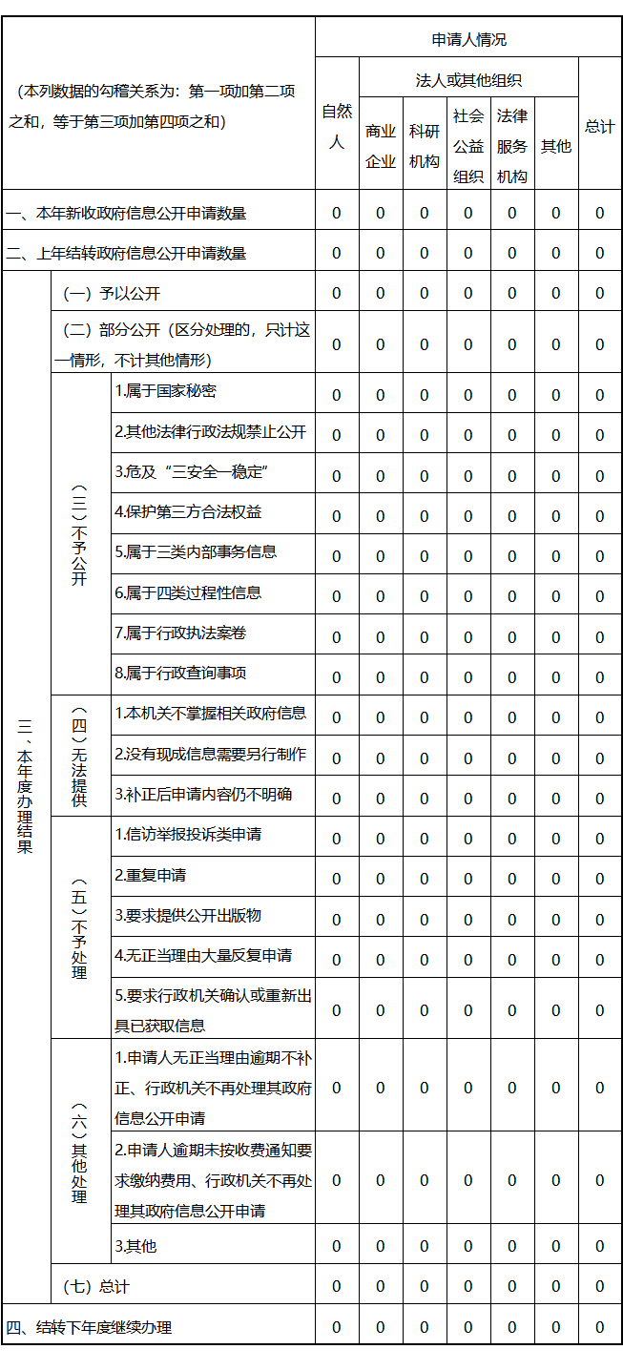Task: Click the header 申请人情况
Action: click(468, 39)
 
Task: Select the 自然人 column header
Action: click(336, 127)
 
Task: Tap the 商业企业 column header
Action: click(381, 146)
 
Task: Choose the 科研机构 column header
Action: click(425, 146)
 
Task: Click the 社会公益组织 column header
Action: click(468, 146)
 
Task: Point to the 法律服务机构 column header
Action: click(512, 146)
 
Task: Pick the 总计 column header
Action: click(600, 127)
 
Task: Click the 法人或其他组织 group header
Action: click(468, 80)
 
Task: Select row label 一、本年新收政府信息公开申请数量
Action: click(126, 214)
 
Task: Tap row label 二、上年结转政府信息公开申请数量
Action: click(126, 254)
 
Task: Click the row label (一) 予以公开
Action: click(112, 294)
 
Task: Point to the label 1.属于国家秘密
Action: click(165, 391)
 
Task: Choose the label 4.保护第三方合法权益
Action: click(188, 512)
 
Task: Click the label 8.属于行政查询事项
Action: click(180, 674)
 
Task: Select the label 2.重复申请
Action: click(151, 875)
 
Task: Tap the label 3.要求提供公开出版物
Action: click(188, 916)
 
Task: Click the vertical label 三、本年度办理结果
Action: click(25, 787)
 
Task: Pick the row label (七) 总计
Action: click(95, 1287)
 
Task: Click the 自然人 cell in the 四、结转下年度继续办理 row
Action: click(336, 1327)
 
